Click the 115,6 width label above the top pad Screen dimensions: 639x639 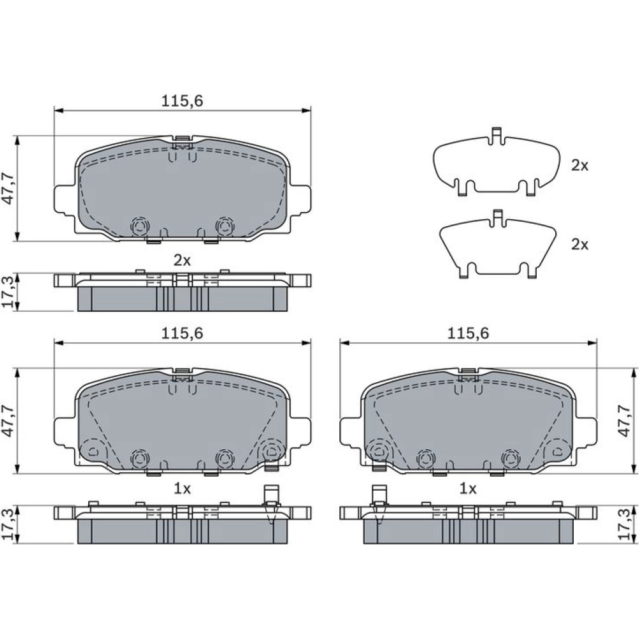coord(181,101)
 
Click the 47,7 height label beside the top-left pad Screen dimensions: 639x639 coord(8,189)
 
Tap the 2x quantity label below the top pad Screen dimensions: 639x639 coord(181,260)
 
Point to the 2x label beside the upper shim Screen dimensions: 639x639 coord(580,165)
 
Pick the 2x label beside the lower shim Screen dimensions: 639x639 coord(580,244)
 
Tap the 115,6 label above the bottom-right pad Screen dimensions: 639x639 coord(468,334)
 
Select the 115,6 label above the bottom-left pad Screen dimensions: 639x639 coord(181,334)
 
